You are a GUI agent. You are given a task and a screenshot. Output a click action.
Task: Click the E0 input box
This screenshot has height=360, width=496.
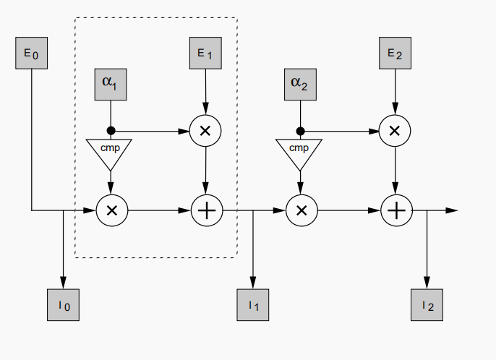[x=32, y=53]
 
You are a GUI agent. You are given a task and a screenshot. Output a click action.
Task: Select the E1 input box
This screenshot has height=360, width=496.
[x=206, y=53]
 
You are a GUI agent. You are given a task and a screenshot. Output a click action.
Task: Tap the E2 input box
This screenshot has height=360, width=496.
[x=395, y=53]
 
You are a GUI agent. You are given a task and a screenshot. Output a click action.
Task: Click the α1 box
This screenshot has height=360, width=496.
[x=111, y=84]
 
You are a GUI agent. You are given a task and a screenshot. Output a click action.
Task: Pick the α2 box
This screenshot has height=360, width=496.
[x=299, y=84]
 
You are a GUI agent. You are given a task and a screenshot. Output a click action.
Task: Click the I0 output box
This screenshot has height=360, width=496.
[x=63, y=305]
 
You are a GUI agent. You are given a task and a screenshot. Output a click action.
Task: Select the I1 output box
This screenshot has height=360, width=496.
[x=252, y=305]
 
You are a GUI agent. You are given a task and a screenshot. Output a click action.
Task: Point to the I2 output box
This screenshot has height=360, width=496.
[x=427, y=305]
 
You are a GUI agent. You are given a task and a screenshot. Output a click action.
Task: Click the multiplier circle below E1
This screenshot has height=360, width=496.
[x=205, y=131]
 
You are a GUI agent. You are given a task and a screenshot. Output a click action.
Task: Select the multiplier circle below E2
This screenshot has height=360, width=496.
[x=395, y=131]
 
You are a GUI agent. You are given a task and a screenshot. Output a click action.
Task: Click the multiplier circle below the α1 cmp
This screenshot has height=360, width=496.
[x=111, y=210]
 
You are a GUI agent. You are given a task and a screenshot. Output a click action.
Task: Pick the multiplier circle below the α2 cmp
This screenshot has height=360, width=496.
[x=301, y=210]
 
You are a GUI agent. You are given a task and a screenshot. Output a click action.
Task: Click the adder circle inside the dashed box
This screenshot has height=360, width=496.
[x=207, y=210]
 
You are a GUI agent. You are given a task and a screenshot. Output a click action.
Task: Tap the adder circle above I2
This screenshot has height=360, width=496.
[x=395, y=210]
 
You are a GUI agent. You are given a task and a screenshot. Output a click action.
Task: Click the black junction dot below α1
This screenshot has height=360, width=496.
[x=111, y=131]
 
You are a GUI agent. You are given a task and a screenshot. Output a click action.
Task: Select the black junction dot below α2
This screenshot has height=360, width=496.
[x=299, y=131]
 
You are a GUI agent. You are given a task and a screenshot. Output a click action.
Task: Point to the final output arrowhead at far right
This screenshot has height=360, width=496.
[x=452, y=210]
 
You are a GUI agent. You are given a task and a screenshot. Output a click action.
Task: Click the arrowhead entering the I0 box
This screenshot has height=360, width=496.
[x=63, y=283]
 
